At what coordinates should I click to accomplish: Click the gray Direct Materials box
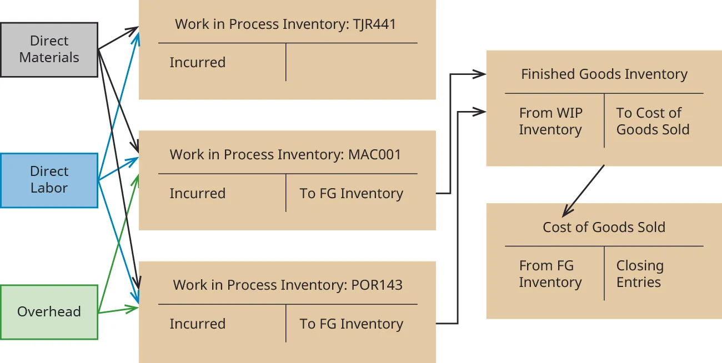coord(49,49)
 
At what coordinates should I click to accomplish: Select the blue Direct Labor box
coord(49,180)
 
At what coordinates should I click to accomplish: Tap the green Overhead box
coord(49,311)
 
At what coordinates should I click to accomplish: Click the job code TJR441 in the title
coord(374,24)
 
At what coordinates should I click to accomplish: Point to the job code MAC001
coord(374,154)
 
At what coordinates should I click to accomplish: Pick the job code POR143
coord(377,285)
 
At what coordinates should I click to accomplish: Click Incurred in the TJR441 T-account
coord(197,62)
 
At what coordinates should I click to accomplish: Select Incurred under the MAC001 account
coord(197,193)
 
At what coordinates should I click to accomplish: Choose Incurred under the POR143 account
coord(197,324)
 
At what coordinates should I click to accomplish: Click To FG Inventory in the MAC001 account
coord(351,193)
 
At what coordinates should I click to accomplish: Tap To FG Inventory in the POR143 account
coord(351,324)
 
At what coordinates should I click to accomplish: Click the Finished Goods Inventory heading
coord(604,74)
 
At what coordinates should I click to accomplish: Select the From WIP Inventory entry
coord(550,121)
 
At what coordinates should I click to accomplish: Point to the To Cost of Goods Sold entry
coord(653,121)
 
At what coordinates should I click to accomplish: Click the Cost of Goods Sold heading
coord(604,227)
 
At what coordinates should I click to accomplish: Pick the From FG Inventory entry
coord(550,274)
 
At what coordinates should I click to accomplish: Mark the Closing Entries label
coord(640,274)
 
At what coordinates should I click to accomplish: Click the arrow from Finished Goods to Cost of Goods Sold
coord(583,191)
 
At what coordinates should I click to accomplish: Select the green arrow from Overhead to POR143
coord(118,310)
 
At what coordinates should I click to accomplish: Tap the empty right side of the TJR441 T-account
coord(351,62)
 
